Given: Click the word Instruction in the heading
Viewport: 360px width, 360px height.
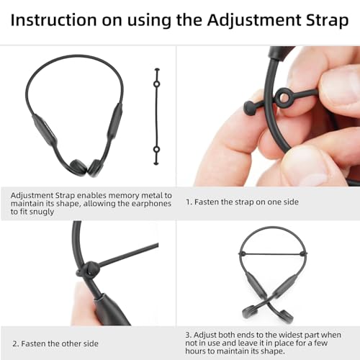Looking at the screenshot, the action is pyautogui.click(x=53, y=19).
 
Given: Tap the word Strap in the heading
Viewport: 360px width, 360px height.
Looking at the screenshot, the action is pyautogui.click(x=327, y=21).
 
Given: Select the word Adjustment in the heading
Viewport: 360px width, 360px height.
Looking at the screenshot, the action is pyautogui.click(x=254, y=21).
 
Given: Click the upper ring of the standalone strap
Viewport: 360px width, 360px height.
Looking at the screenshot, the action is pyautogui.click(x=156, y=84).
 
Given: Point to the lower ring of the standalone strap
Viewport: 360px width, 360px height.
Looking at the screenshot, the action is pyautogui.click(x=156, y=150).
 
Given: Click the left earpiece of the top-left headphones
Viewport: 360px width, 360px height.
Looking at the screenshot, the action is pyautogui.click(x=78, y=166).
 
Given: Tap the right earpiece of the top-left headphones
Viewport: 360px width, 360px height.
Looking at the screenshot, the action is pyautogui.click(x=95, y=168).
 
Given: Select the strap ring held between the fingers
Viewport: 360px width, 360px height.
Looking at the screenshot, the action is pyautogui.click(x=283, y=97).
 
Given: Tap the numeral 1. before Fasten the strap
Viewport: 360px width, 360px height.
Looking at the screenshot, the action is pyautogui.click(x=189, y=202).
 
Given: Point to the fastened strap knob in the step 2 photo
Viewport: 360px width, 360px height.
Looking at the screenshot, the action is pyautogui.click(x=88, y=270).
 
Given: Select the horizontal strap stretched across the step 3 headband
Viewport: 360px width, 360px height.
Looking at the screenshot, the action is pyautogui.click(x=273, y=253).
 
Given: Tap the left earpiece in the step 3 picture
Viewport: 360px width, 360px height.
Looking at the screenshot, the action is pyautogui.click(x=250, y=311).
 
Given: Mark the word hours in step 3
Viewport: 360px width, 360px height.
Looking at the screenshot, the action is pyautogui.click(x=195, y=351).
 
